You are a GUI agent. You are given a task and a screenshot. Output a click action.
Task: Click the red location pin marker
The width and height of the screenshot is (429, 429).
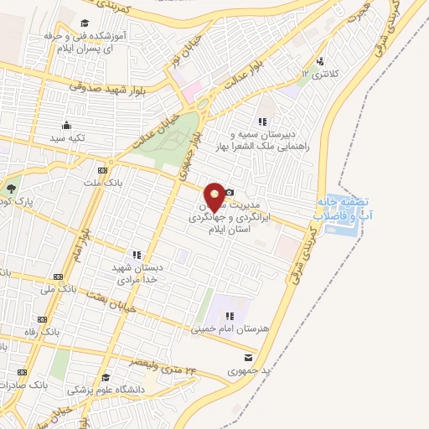[x=214, y=196]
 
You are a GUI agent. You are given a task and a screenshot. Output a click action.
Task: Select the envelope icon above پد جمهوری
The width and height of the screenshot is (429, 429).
[x=246, y=357]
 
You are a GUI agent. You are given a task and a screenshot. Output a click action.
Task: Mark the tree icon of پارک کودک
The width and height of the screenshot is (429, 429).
[x=12, y=188]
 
